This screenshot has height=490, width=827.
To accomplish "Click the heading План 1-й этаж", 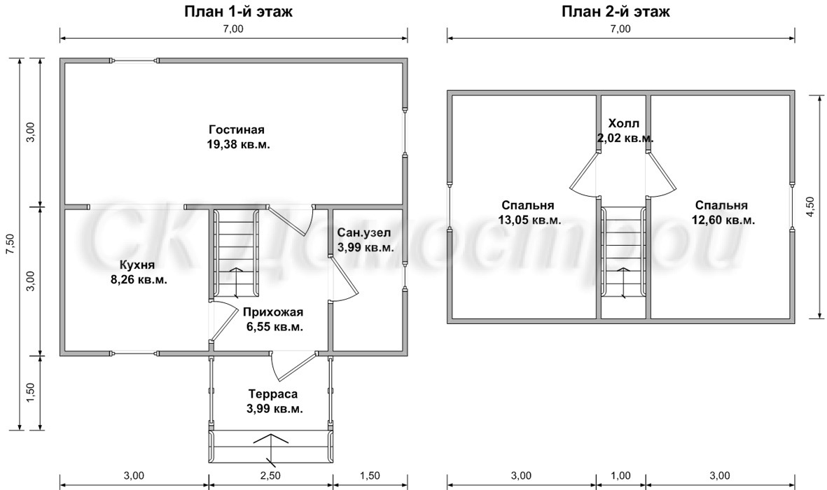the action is (x=238, y=12).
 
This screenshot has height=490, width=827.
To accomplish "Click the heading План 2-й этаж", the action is (x=616, y=12).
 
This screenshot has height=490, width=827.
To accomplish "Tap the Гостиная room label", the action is (x=236, y=129).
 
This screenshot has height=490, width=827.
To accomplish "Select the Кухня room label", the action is (x=137, y=265).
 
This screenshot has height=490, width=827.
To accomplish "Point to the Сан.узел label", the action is (x=364, y=232).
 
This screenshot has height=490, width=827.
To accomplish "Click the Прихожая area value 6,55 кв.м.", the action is (x=274, y=327).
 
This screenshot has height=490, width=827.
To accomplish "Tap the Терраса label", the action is (x=273, y=394).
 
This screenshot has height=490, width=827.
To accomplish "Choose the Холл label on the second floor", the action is (x=624, y=123).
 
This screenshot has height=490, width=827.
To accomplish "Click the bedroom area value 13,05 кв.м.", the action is (x=529, y=220).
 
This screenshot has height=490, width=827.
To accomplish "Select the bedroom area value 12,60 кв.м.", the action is (x=723, y=220).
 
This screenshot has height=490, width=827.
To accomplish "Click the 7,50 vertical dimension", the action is (x=10, y=244).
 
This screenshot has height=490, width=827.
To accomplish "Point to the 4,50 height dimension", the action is (x=811, y=206).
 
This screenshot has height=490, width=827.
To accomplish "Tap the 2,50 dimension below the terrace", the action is (x=270, y=476).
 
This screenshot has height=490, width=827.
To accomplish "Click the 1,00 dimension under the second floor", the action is (x=621, y=476).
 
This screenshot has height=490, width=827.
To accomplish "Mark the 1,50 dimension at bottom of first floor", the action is (x=370, y=476).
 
